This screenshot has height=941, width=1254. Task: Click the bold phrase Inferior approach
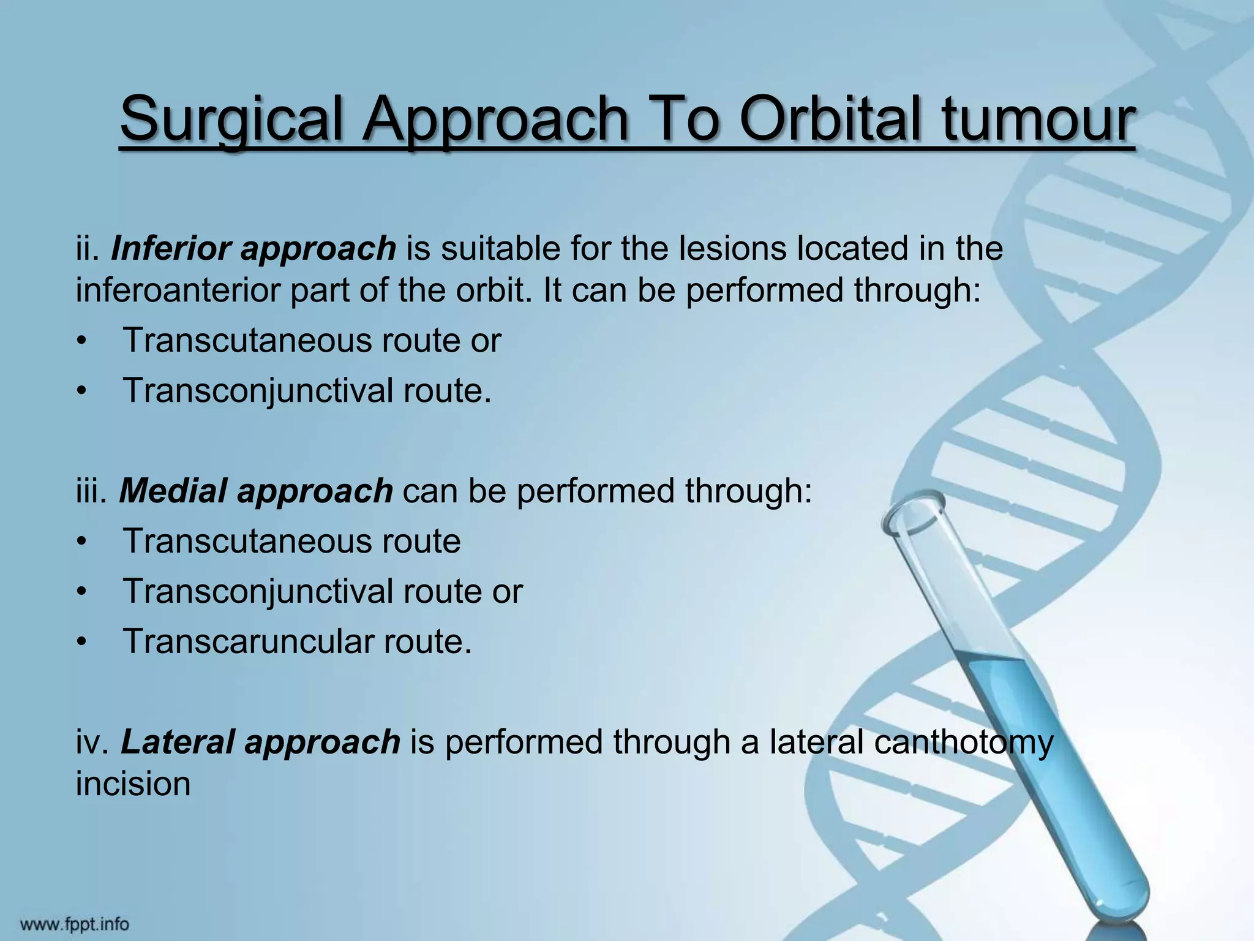click(x=253, y=249)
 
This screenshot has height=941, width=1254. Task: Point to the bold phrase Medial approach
click(x=255, y=491)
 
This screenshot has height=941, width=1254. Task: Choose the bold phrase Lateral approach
click(x=260, y=742)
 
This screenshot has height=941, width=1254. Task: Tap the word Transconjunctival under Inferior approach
click(x=257, y=390)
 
